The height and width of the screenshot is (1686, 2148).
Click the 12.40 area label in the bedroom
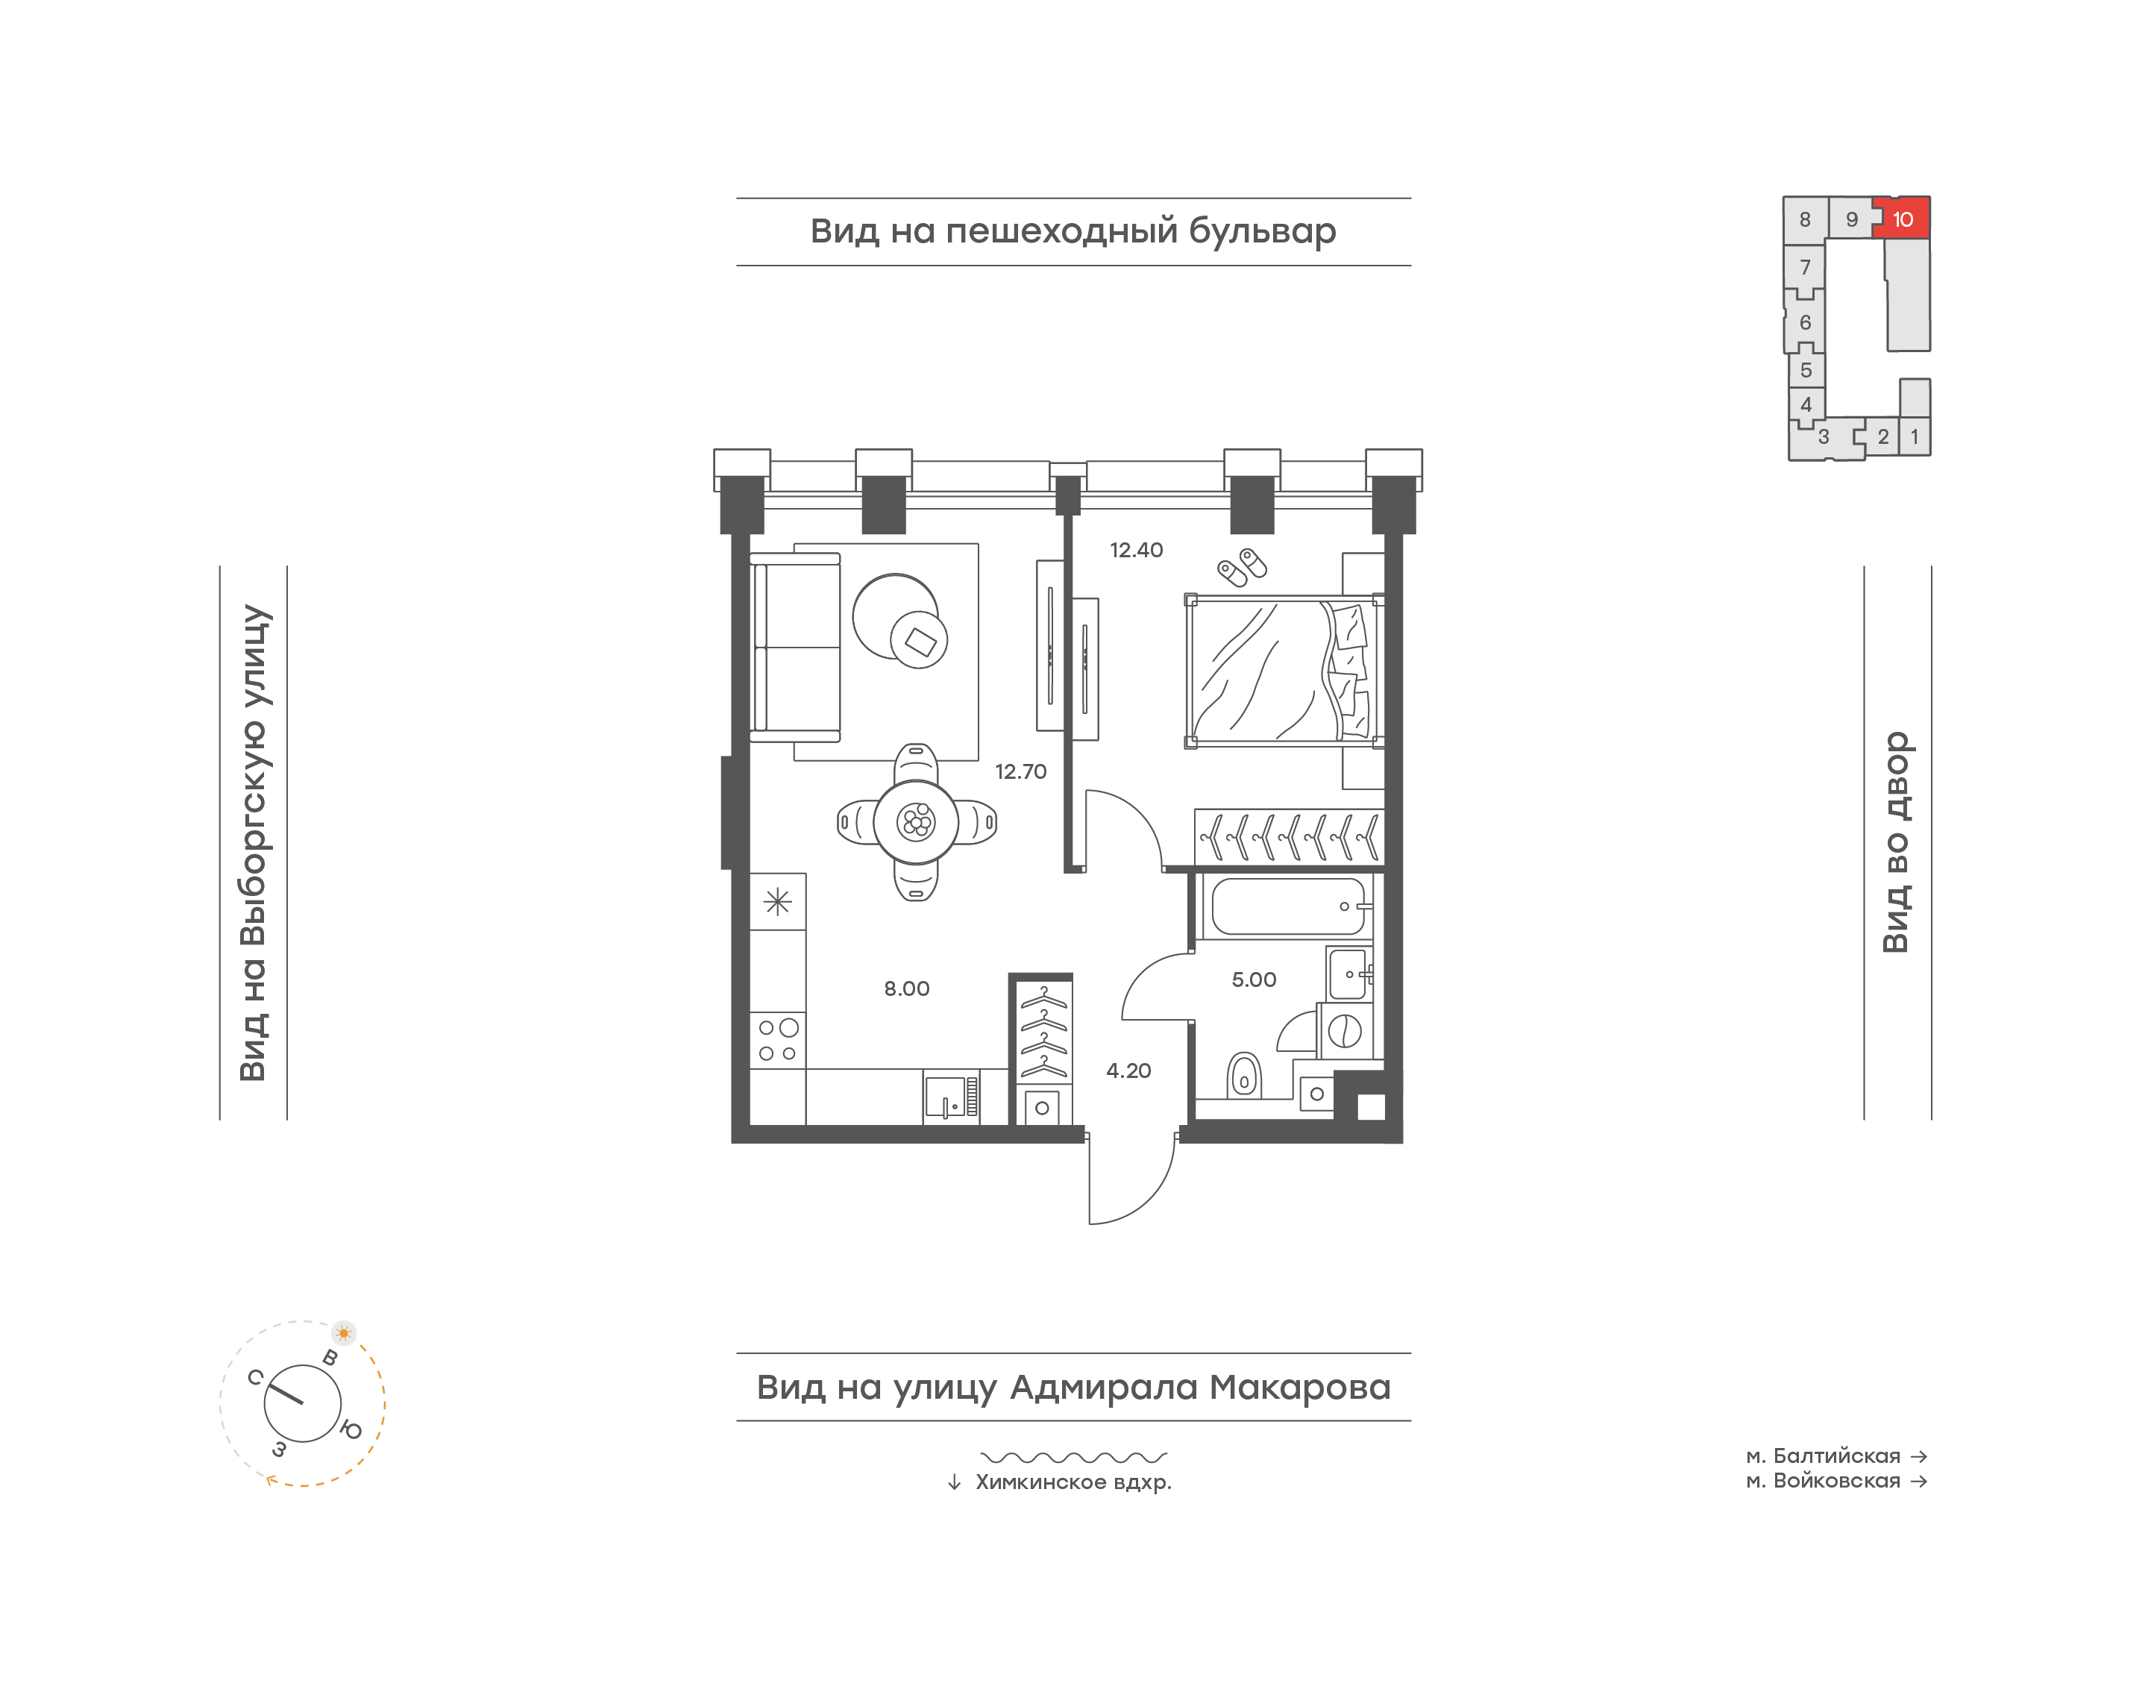(x=1136, y=550)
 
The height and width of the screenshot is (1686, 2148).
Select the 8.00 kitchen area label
(x=905, y=988)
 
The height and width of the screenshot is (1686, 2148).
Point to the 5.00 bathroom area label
(x=1253, y=980)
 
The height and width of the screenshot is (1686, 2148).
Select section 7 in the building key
(x=1805, y=268)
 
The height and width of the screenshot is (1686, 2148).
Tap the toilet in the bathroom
(x=1244, y=1075)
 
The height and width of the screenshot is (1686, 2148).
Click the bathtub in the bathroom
(x=1287, y=906)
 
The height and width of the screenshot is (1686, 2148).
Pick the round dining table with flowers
(x=916, y=821)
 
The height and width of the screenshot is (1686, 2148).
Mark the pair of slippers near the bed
(x=1241, y=567)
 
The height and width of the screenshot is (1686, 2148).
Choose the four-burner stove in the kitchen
(x=777, y=1041)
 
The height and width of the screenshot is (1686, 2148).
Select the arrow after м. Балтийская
(x=1918, y=1456)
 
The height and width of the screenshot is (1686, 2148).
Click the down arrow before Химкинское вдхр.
(x=954, y=1482)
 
